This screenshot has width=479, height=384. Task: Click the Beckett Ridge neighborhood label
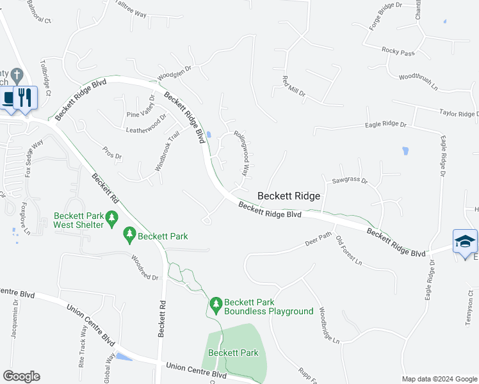pos(288,196)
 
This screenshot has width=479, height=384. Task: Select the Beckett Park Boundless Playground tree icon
pos(216,303)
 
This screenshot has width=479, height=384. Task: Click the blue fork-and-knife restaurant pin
pos(25,97)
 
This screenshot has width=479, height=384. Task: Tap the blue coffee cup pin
pos(8,98)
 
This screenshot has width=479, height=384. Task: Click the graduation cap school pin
pos(465,241)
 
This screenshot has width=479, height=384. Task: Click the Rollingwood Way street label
pos(241,154)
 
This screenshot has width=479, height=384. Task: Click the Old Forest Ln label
pos(349,253)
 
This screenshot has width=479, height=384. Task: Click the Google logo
pos(21,376)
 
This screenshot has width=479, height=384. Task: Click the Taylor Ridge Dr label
pos(459,114)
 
